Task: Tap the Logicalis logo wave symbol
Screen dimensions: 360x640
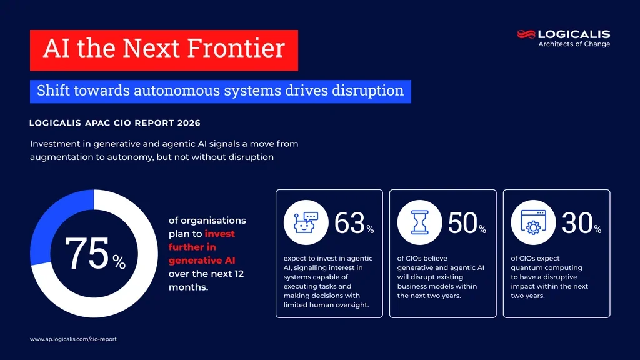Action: (x=526, y=34)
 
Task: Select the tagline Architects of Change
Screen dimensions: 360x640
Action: (x=574, y=44)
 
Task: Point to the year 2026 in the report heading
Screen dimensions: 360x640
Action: (x=187, y=123)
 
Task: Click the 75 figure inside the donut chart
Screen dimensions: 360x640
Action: (x=87, y=254)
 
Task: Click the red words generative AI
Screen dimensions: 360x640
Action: (x=202, y=260)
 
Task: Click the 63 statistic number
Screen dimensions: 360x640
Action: (x=349, y=224)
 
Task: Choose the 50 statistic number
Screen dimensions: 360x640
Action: (x=463, y=224)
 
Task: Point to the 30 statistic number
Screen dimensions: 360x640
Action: (x=577, y=224)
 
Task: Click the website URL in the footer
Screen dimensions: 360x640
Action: (x=73, y=339)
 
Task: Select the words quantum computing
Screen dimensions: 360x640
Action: (x=537, y=268)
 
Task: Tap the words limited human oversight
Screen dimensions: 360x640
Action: (x=324, y=305)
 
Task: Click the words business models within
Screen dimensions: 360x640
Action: (x=437, y=286)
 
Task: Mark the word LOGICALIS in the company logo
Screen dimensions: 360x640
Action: (x=574, y=34)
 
